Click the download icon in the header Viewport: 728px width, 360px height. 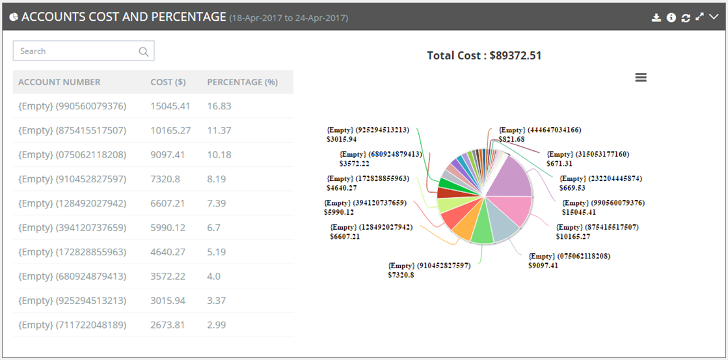pyautogui.click(x=656, y=18)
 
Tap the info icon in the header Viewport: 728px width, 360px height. pyautogui.click(x=671, y=18)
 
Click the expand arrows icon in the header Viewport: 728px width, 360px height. pyautogui.click(x=699, y=17)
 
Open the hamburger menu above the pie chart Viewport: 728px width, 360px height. pyautogui.click(x=641, y=77)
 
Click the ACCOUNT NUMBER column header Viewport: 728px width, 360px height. pyautogui.click(x=59, y=82)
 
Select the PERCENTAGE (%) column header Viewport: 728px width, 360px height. pyautogui.click(x=242, y=82)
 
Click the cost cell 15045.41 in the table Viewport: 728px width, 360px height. pyautogui.click(x=170, y=106)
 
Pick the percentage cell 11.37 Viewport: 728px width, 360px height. pyautogui.click(x=219, y=130)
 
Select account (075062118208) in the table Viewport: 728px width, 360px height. pyautogui.click(x=72, y=155)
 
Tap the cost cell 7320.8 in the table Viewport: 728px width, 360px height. pyautogui.click(x=165, y=179)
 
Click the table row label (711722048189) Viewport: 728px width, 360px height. pyautogui.click(x=72, y=325)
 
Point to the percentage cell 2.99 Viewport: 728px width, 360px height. pyautogui.click(x=217, y=325)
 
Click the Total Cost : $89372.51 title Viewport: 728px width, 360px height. pyautogui.click(x=484, y=56)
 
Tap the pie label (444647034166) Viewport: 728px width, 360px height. pyautogui.click(x=539, y=130)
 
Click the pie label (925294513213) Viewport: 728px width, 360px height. pyautogui.click(x=368, y=130)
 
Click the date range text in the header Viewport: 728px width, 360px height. pyautogui.click(x=288, y=18)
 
